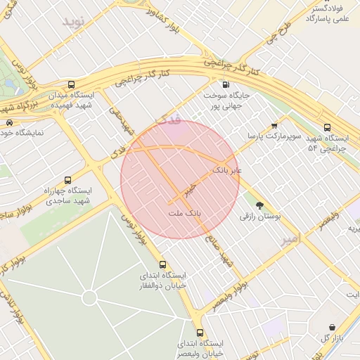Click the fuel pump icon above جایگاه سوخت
click(224, 84)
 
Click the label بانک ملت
click(185, 212)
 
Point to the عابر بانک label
click(226, 170)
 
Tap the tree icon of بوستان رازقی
click(260, 205)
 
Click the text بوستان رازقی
click(260, 218)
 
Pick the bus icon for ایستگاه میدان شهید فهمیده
click(71, 84)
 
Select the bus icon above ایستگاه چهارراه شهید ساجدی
click(67, 180)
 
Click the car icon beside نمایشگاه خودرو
click(9, 122)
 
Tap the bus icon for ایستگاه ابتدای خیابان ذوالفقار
click(163, 264)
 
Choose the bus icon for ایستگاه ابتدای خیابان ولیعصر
click(200, 332)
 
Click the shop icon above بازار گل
click(332, 326)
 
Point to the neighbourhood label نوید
click(73, 21)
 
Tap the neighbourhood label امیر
click(290, 240)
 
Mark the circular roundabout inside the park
click(89, 297)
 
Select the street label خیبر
click(187, 190)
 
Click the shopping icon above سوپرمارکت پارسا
click(274, 125)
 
